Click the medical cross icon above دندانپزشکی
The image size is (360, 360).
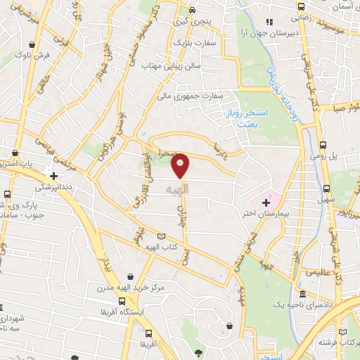pos(53,174)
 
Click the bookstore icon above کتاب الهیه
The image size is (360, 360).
pos(162,237)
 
